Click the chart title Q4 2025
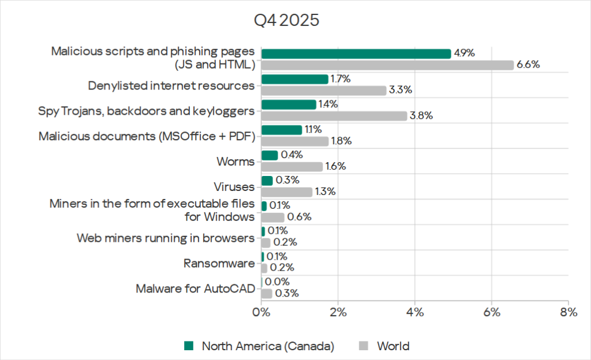pos(287,21)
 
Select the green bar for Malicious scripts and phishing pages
pos(356,54)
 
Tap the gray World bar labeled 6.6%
pos(387,65)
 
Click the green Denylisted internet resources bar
pos(294,79)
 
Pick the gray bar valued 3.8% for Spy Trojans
pos(334,116)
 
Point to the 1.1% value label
pos(313,129)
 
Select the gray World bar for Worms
pos(292,167)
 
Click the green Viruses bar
pos(267,181)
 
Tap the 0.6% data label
pos(300,217)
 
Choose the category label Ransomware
pos(219,264)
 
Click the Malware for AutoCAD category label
pos(195,288)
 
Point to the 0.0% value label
pos(276,282)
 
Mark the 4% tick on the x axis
pos(415,313)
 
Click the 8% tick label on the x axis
pos(568,313)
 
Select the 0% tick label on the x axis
pos(261,313)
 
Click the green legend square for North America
pos(189,346)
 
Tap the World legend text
pos(393,346)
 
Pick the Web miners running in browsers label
pos(166,238)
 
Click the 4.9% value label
pos(464,53)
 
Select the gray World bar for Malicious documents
pos(295,141)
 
